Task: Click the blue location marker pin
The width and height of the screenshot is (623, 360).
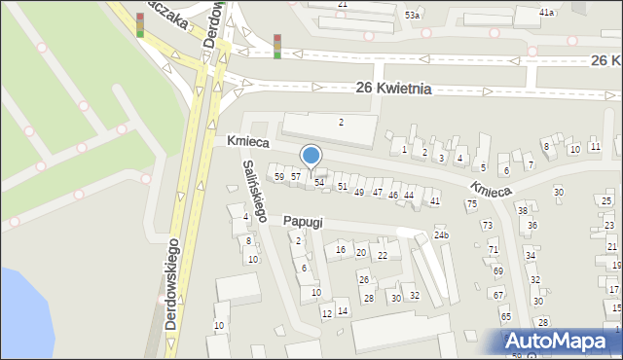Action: pyautogui.click(x=311, y=156)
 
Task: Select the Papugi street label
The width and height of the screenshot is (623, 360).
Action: pyautogui.click(x=303, y=221)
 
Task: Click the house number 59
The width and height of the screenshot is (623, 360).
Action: pyautogui.click(x=279, y=176)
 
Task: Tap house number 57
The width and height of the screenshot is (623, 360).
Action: pyautogui.click(x=296, y=176)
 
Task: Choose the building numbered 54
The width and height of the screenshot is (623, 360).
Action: pyautogui.click(x=318, y=183)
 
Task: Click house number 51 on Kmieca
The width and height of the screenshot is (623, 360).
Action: pyautogui.click(x=342, y=186)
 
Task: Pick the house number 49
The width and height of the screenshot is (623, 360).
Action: pyautogui.click(x=359, y=193)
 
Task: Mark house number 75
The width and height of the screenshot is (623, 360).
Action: pyautogui.click(x=472, y=203)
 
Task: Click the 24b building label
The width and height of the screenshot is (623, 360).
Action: pyautogui.click(x=441, y=235)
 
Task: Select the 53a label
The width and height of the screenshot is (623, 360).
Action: pyautogui.click(x=413, y=16)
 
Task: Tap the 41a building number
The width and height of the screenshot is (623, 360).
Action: pyautogui.click(x=547, y=13)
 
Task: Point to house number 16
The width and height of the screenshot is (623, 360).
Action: pyautogui.click(x=341, y=250)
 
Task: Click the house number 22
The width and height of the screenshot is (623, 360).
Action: pyautogui.click(x=383, y=255)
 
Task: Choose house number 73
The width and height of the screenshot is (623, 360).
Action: pyautogui.click(x=487, y=225)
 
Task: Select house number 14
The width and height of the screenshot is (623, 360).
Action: pyautogui.click(x=343, y=311)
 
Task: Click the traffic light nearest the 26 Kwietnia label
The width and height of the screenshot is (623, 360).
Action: pyautogui.click(x=277, y=46)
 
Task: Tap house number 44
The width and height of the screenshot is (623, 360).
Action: pyautogui.click(x=410, y=196)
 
